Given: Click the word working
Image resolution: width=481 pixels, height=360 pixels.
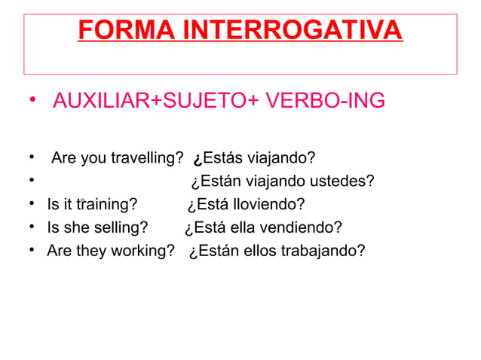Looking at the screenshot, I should [x=142, y=250].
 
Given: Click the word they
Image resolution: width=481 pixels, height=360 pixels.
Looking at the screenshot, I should [x=90, y=250].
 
